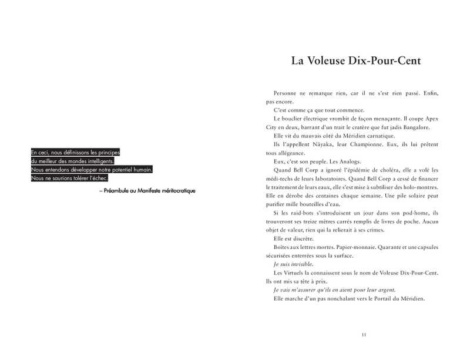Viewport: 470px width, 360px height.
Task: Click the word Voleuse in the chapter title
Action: click(330, 60)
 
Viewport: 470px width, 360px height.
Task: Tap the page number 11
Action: click(364, 335)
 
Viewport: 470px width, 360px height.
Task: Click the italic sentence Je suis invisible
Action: click(293, 264)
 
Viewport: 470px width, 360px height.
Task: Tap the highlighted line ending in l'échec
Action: click(70, 178)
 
